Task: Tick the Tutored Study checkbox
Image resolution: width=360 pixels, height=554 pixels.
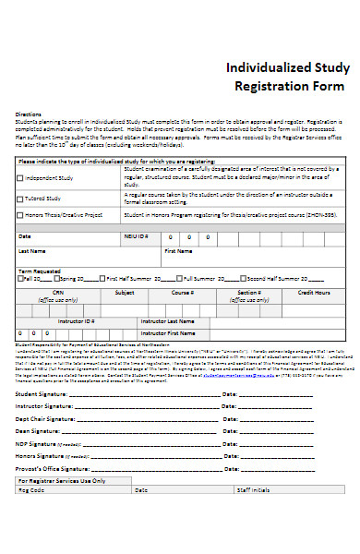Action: click(x=20, y=199)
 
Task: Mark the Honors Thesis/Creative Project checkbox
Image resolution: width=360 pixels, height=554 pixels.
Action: click(x=20, y=215)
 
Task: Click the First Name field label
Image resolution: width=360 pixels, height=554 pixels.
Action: click(x=178, y=250)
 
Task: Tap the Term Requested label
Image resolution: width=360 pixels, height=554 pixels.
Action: click(x=39, y=271)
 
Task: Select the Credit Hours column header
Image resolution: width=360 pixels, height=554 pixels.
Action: click(x=314, y=293)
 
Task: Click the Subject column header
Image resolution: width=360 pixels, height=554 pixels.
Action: click(x=124, y=293)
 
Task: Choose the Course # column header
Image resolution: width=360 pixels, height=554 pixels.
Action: click(x=182, y=293)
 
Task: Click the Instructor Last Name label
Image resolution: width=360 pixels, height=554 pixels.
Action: click(x=167, y=321)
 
